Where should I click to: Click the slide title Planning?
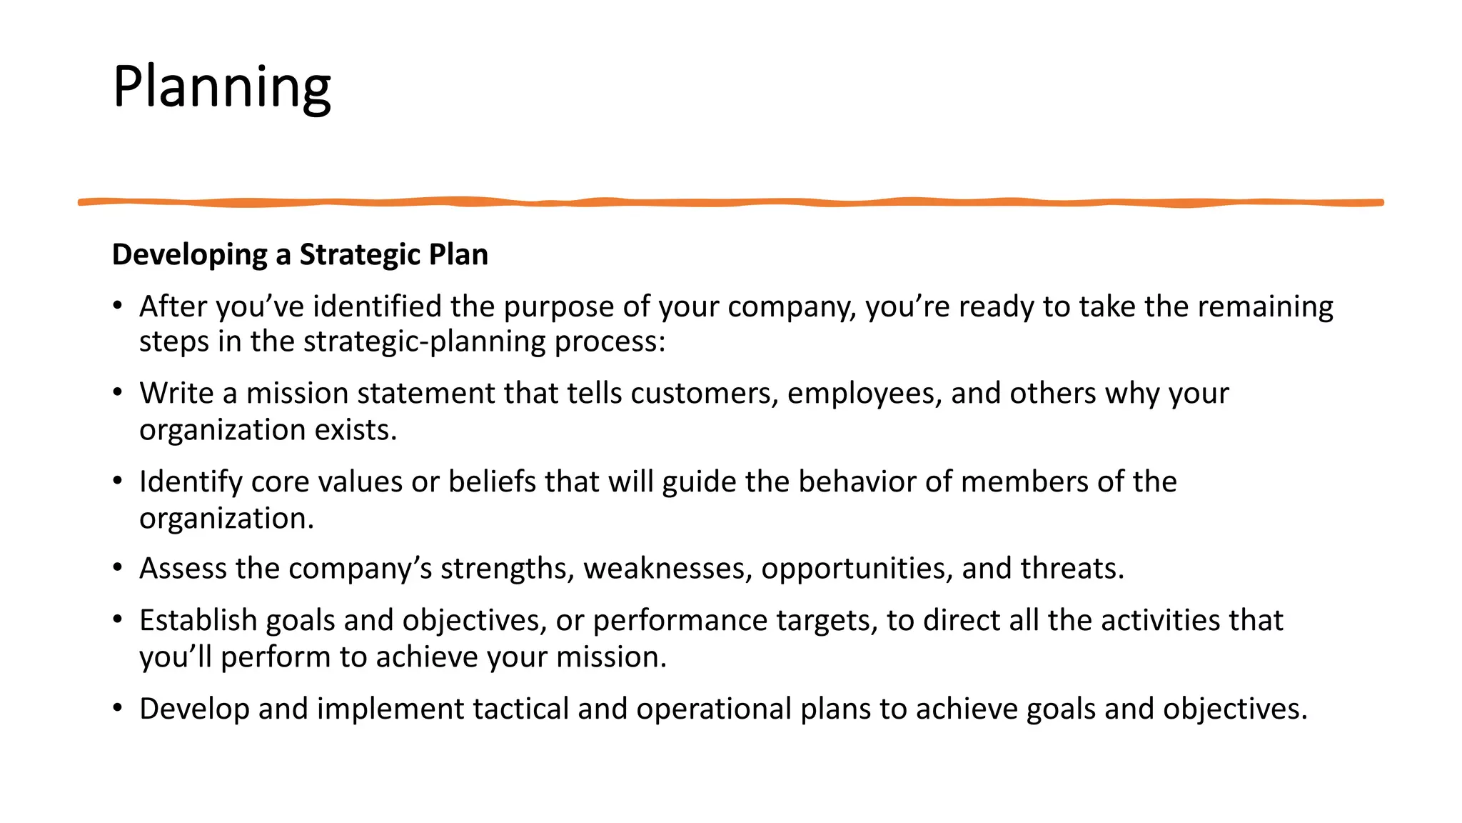click(x=221, y=87)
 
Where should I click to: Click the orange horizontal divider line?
click(x=730, y=203)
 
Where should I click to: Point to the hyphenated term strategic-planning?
click(x=425, y=342)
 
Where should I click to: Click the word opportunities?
click(x=857, y=569)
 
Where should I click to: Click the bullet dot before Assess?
click(x=118, y=568)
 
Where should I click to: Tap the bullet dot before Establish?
click(x=118, y=619)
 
